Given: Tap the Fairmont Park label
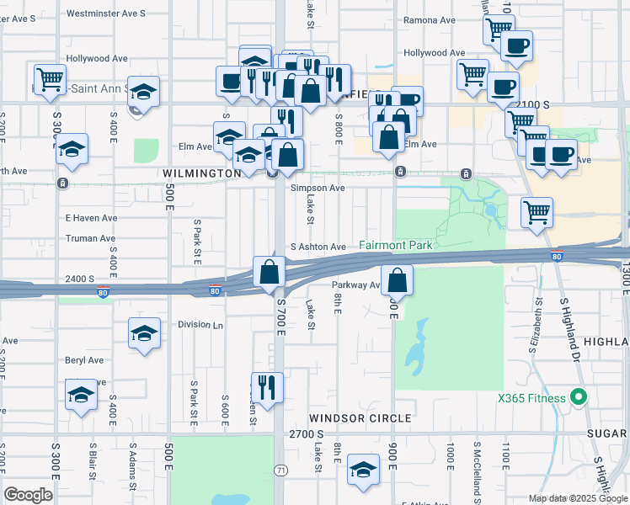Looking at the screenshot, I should (x=395, y=245).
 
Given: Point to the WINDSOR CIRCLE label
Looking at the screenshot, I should (x=360, y=417).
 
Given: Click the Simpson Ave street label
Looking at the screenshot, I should (x=318, y=189).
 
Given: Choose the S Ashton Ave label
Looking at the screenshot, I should (x=318, y=247).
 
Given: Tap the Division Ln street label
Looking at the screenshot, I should (x=200, y=325).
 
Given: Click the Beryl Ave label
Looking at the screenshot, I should (x=83, y=360).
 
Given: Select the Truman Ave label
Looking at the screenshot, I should (x=90, y=238).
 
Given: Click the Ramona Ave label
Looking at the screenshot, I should (x=430, y=20).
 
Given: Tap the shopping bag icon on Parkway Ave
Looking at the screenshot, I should (x=397, y=280).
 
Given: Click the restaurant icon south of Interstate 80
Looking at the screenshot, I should (x=267, y=388).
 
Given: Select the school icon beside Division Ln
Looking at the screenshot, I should (x=144, y=333).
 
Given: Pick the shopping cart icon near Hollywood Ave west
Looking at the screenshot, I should (x=50, y=78).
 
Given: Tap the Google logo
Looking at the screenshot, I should (x=28, y=494).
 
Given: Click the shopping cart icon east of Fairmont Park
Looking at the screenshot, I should (x=537, y=212).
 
